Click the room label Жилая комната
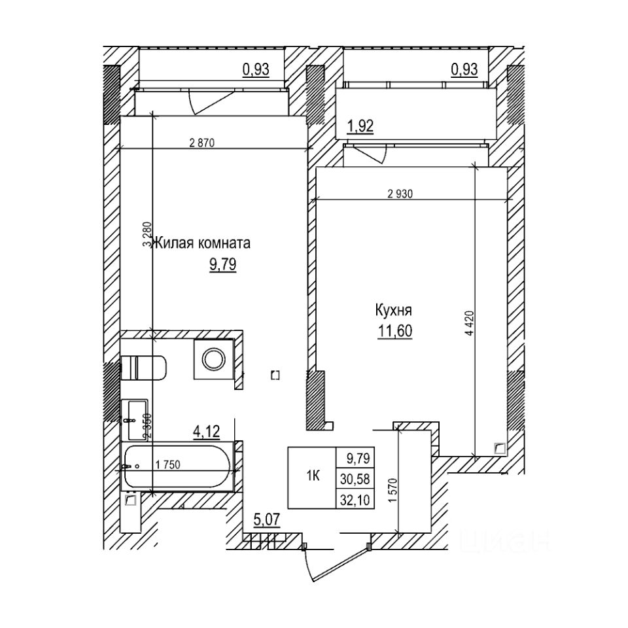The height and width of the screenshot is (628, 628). (201, 244)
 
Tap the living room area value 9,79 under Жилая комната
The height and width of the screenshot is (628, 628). (222, 265)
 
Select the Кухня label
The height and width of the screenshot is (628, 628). (393, 310)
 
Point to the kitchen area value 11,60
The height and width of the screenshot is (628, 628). (394, 331)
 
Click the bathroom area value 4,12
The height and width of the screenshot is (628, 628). (205, 431)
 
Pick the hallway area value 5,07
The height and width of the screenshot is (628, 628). (266, 521)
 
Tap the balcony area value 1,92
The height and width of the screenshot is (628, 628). (360, 126)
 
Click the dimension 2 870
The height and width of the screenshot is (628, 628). (202, 143)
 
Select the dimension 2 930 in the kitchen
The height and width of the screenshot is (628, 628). (400, 194)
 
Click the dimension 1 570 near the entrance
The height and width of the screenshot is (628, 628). (392, 488)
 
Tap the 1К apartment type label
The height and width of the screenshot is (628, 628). (313, 477)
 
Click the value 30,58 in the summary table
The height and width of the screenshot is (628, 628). (355, 478)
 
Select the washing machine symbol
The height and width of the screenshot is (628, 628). (213, 358)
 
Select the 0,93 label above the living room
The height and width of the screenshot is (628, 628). (256, 69)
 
